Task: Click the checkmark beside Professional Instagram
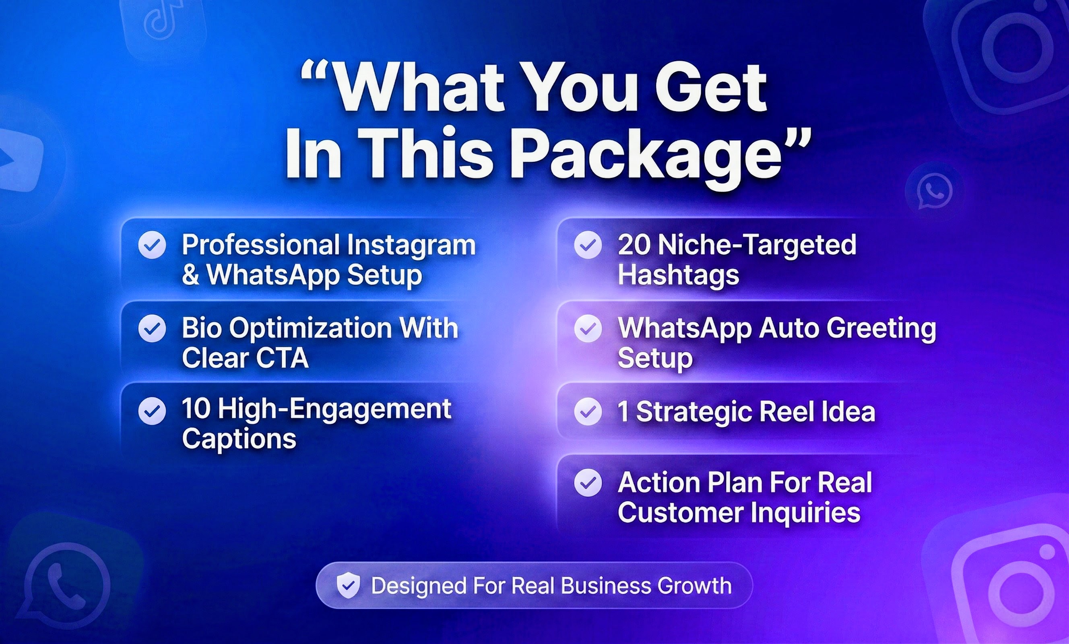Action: [152, 245]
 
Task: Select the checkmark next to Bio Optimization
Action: [152, 328]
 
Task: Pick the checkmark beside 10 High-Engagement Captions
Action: [152, 411]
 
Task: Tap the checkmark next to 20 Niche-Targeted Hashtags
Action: [588, 245]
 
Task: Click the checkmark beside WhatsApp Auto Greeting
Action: [588, 328]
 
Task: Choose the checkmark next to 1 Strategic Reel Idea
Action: [588, 411]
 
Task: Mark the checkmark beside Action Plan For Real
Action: [588, 483]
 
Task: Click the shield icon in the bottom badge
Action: [349, 585]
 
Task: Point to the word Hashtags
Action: [678, 276]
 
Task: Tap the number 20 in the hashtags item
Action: [634, 245]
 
